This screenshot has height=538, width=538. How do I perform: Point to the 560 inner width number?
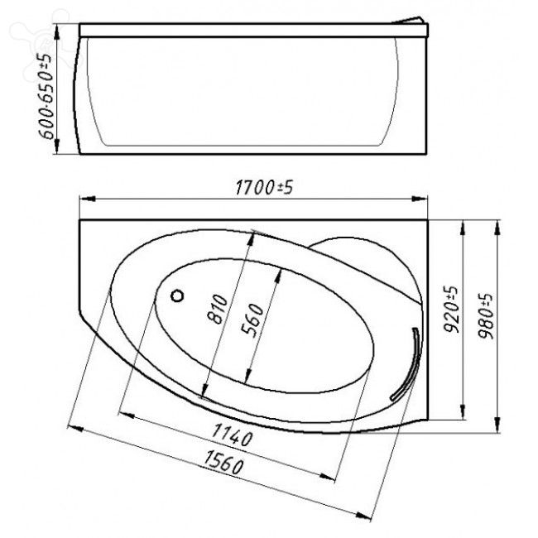coord(254,320)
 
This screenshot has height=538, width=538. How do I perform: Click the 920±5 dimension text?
coord(450,310)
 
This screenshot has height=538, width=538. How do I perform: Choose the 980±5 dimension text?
coord(486,314)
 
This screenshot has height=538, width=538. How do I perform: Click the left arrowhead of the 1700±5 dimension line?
coord(83,199)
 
